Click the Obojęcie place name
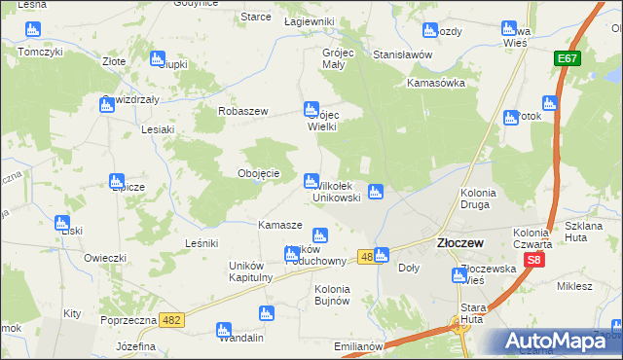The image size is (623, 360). point(259,173)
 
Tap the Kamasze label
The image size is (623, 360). point(279,225)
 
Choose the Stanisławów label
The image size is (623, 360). point(402,54)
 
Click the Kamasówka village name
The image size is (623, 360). point(436,83)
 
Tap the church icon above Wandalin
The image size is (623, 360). point(265,313)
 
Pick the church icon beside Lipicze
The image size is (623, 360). point(117,181)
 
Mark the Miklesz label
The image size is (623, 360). point(574,286)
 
